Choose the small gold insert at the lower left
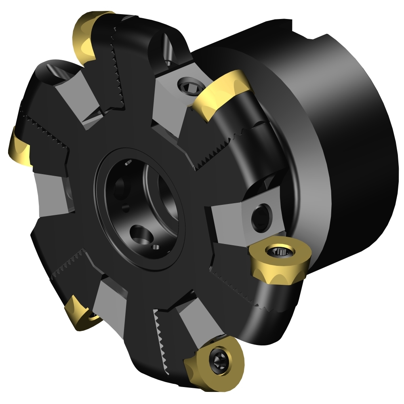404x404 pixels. click(81, 313)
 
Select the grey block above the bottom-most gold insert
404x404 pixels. click(196, 319)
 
